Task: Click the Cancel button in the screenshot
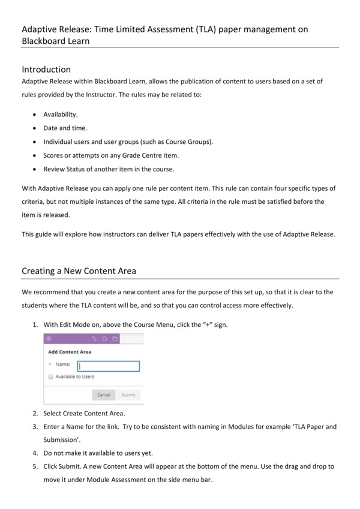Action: (x=103, y=395)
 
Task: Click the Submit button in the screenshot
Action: (x=128, y=395)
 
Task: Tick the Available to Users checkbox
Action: (x=51, y=377)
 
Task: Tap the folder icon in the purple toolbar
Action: (x=115, y=339)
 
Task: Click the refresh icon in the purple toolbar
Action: (x=104, y=339)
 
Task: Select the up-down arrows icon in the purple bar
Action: (x=94, y=339)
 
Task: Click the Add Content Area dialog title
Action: (x=70, y=352)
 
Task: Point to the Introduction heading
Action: (x=46, y=70)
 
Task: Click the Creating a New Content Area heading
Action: (x=79, y=271)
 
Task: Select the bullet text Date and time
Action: (x=65, y=128)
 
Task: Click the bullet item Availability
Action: (x=61, y=114)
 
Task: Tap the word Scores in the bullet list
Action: (x=53, y=155)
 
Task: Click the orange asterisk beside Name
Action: (x=49, y=365)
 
